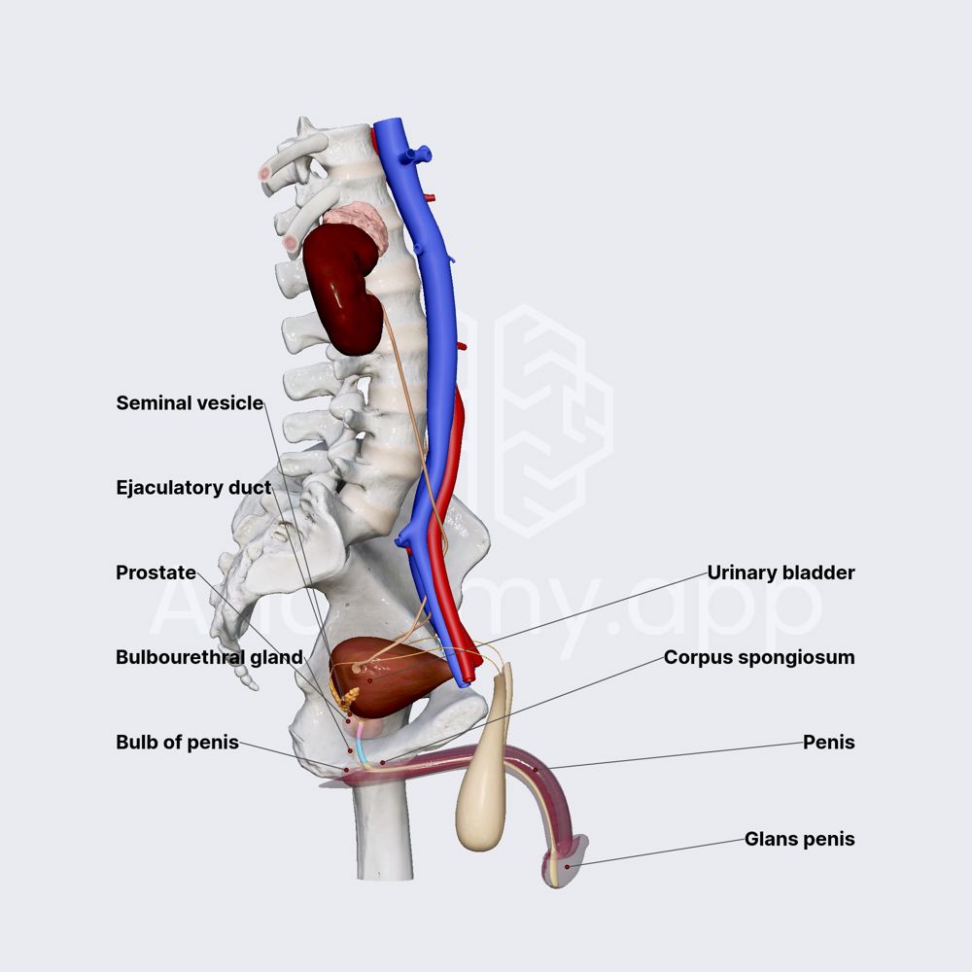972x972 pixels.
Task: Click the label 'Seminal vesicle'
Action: tap(190, 402)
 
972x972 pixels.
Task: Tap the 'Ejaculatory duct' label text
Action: tap(193, 487)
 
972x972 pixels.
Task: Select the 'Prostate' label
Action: tap(156, 573)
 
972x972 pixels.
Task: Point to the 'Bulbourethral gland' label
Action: tap(209, 657)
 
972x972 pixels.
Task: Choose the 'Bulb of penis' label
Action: tap(177, 743)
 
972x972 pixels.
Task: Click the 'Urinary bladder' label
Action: tap(781, 573)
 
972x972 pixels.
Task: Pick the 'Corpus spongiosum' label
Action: tap(759, 657)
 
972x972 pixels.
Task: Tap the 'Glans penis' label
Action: tap(799, 839)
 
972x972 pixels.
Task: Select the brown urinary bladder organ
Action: tap(394, 676)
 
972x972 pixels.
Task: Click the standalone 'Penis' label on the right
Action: tap(828, 743)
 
